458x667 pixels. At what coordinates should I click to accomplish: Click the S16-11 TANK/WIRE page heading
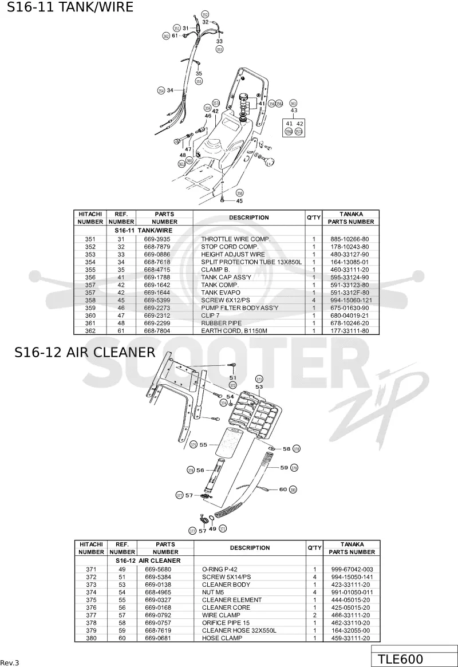70,7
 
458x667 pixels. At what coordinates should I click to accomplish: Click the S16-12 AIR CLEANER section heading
85,352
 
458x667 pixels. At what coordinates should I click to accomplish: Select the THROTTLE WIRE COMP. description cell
236,239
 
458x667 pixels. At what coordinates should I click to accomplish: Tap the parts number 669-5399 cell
157,301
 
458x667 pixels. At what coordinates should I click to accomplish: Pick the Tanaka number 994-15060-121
351,301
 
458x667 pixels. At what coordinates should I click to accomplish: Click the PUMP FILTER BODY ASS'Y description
239,308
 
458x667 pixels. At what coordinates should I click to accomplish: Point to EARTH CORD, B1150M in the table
234,331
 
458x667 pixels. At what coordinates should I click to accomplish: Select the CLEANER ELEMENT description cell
232,600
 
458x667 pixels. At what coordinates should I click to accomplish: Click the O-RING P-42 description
219,569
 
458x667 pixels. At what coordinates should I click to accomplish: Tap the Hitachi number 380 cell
91,638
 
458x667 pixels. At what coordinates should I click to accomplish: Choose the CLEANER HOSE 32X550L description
239,630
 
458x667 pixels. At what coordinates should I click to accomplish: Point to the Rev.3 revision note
10,663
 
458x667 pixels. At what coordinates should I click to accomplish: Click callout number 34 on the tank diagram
170,90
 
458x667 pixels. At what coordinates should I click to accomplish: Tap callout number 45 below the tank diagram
239,201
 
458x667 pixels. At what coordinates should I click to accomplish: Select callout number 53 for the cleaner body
259,386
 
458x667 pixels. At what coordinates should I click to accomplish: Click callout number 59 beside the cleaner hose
284,468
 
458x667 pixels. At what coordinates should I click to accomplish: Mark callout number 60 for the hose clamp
283,490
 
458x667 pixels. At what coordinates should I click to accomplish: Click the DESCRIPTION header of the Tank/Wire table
249,218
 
